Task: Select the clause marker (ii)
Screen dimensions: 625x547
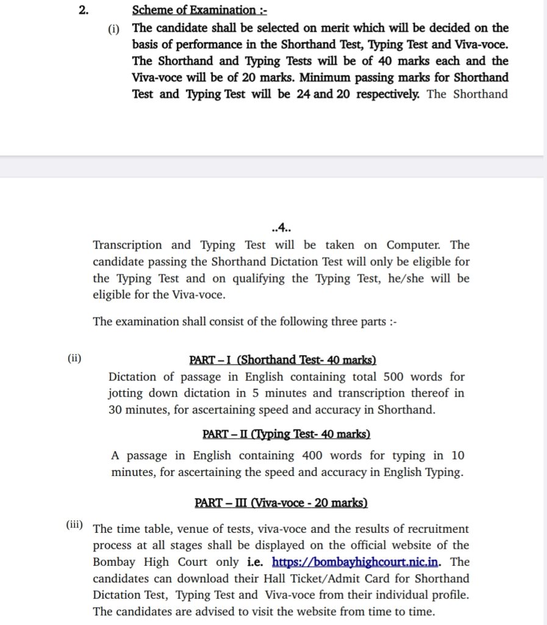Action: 74,359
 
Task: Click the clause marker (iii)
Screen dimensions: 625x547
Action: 76,526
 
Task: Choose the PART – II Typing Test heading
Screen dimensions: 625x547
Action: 286,434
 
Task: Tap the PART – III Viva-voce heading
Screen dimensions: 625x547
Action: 281,503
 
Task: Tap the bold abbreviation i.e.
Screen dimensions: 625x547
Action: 256,562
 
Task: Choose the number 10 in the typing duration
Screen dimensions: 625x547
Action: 457,455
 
